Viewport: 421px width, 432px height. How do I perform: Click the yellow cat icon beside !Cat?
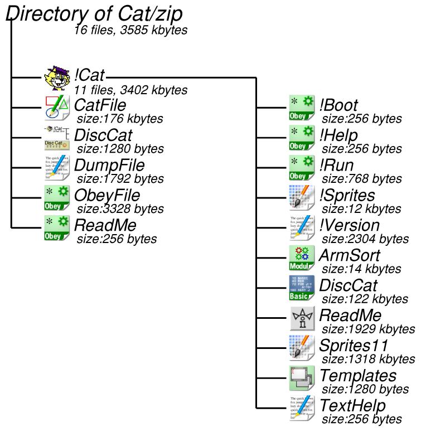tap(57, 79)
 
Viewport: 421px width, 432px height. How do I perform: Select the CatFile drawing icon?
tap(56, 108)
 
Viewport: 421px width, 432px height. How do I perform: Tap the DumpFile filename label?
tap(109, 166)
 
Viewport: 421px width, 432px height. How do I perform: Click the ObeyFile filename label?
tap(107, 196)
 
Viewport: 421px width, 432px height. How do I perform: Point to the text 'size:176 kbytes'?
tap(120, 119)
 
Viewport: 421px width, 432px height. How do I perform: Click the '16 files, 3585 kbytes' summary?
tap(130, 30)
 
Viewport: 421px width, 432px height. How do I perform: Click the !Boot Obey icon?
tap(302, 108)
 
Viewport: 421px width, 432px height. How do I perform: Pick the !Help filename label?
tap(338, 135)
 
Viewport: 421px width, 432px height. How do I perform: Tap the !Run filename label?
tap(336, 166)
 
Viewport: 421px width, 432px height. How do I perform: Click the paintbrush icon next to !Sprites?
tap(302, 198)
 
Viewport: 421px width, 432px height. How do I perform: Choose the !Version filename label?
tap(350, 226)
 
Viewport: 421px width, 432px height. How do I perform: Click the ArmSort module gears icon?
tap(302, 258)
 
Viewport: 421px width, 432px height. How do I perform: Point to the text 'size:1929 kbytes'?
tap(369, 328)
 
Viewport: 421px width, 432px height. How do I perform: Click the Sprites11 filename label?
tap(354, 346)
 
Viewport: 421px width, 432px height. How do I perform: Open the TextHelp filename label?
tap(352, 406)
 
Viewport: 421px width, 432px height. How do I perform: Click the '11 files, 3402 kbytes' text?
tap(130, 90)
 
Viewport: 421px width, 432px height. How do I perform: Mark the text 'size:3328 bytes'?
tap(120, 209)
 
